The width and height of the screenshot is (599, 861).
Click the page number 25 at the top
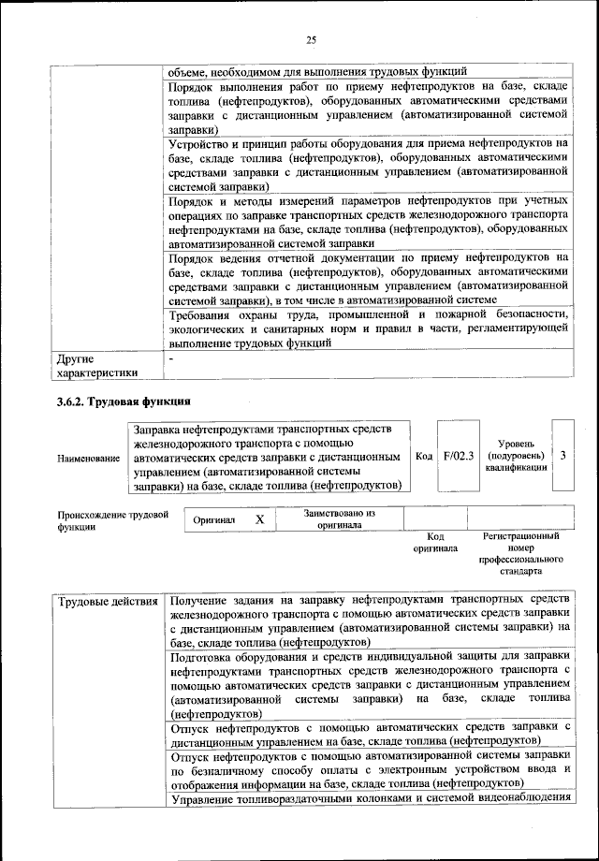[312, 38]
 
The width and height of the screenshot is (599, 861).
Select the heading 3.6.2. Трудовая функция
[124, 401]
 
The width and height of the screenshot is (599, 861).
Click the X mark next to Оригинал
[260, 518]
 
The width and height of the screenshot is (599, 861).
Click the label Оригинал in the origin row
[214, 519]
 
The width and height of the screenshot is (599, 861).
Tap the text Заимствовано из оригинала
[339, 519]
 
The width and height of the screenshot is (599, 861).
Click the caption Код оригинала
[434, 542]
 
